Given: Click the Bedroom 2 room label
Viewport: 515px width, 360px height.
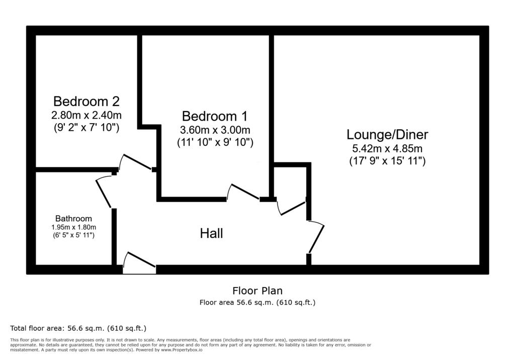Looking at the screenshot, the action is click(x=87, y=101).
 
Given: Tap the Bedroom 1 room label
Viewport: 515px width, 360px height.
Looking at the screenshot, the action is click(x=215, y=116).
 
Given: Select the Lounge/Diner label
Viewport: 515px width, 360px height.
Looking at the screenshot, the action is click(x=388, y=135).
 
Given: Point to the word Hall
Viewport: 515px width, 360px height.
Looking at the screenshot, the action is click(x=212, y=233).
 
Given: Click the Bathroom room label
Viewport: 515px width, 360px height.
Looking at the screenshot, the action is click(x=73, y=218).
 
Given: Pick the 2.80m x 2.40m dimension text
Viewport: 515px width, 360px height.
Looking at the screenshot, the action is click(x=87, y=115).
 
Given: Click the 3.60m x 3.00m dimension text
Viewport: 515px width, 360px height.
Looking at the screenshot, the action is click(x=215, y=130).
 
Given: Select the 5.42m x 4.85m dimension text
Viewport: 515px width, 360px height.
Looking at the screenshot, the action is click(x=388, y=149).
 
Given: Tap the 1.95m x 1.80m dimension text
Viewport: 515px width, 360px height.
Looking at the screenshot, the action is click(x=73, y=227).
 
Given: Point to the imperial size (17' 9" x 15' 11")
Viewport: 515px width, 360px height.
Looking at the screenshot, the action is click(x=388, y=161).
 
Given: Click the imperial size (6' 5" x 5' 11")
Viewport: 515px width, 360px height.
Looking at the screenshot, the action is click(x=73, y=235).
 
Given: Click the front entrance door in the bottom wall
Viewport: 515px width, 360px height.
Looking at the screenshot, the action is click(x=139, y=263).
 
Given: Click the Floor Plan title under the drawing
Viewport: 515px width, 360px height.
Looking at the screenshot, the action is click(x=257, y=291).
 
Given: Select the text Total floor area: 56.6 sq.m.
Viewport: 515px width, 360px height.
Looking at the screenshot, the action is click(x=57, y=328).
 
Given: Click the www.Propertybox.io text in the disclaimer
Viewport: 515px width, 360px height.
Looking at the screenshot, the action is click(x=181, y=350).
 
